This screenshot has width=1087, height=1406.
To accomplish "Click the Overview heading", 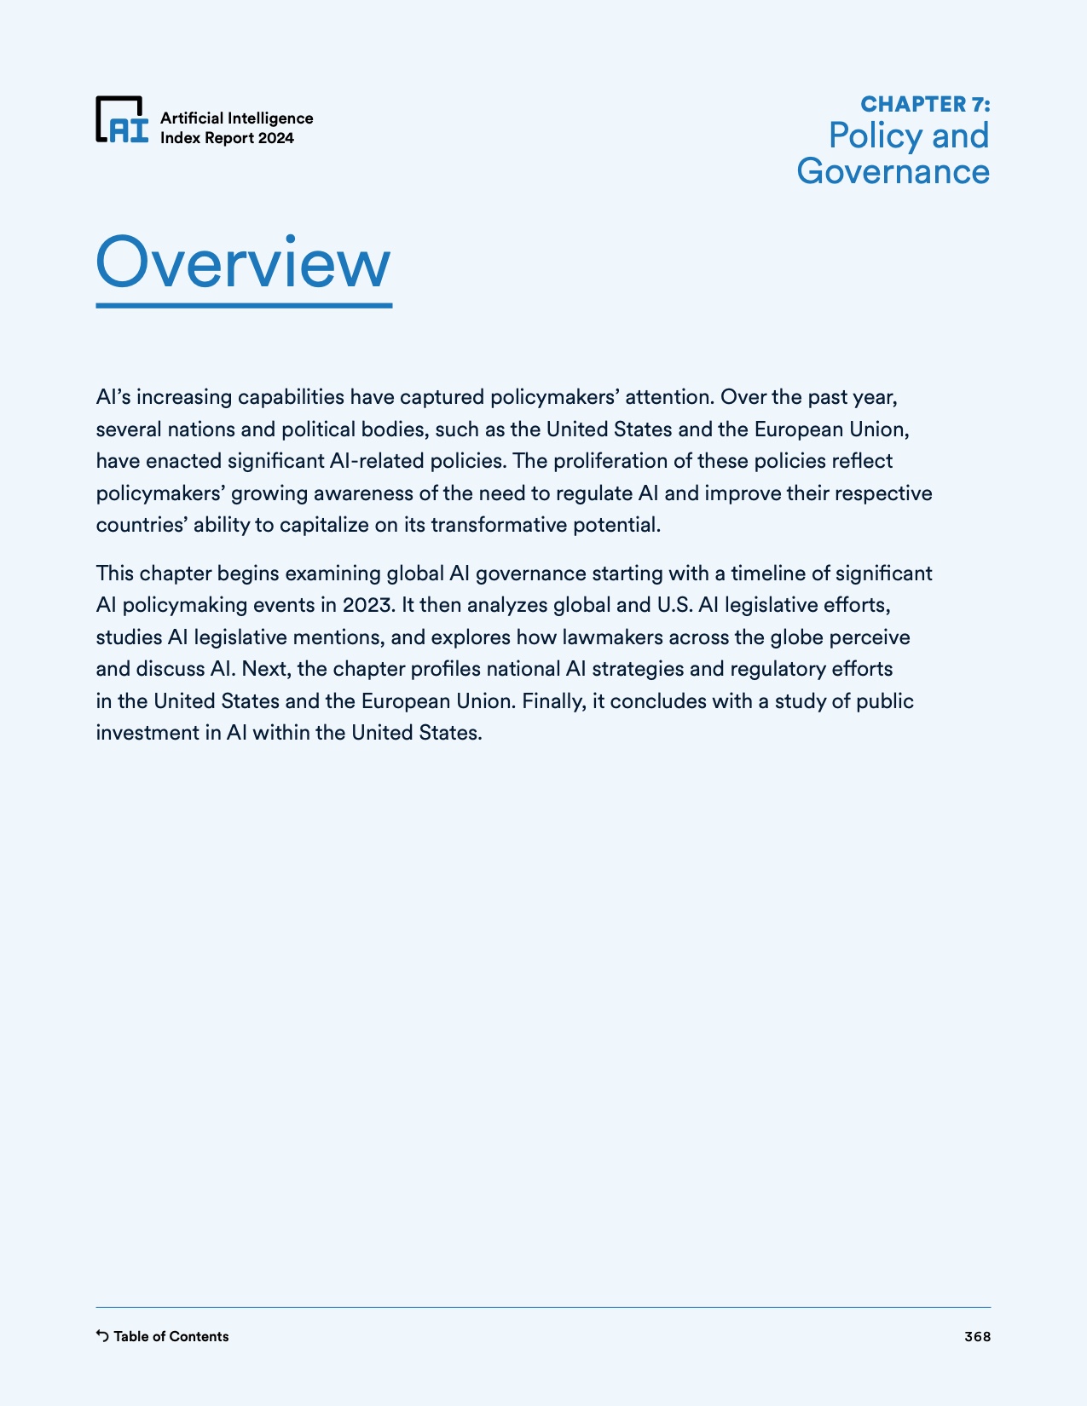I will (243, 262).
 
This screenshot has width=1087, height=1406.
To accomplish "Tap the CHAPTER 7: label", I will (925, 104).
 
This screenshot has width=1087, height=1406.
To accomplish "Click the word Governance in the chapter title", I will (893, 171).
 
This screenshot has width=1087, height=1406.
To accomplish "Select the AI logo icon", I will (122, 119).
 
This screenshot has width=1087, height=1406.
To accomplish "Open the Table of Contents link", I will (171, 1336).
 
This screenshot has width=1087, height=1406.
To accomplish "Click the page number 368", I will (977, 1336).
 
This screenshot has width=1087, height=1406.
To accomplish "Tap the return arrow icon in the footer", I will (102, 1336).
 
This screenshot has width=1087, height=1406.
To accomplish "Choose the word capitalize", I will (324, 525).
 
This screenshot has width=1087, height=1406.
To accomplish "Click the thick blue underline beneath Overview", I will (243, 304).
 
